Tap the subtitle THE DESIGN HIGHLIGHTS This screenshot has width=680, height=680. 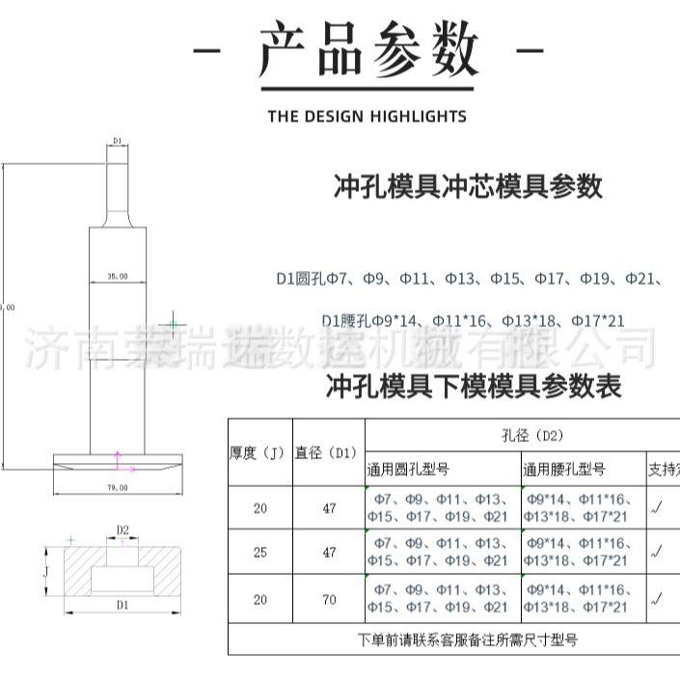pyautogui.click(x=367, y=117)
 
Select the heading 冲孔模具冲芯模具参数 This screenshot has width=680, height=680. pyautogui.click(x=468, y=186)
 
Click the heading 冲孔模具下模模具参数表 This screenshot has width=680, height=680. pyautogui.click(x=474, y=387)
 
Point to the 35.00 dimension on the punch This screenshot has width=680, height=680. pyautogui.click(x=117, y=277)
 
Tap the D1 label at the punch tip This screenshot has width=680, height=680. pyautogui.click(x=117, y=141)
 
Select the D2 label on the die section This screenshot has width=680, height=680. pyautogui.click(x=122, y=530)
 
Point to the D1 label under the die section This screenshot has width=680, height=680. pyautogui.click(x=122, y=605)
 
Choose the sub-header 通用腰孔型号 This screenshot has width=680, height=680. pyautogui.click(x=564, y=470)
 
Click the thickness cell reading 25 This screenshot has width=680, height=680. pyautogui.click(x=260, y=553)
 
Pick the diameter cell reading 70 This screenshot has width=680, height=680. pyautogui.click(x=329, y=599)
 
